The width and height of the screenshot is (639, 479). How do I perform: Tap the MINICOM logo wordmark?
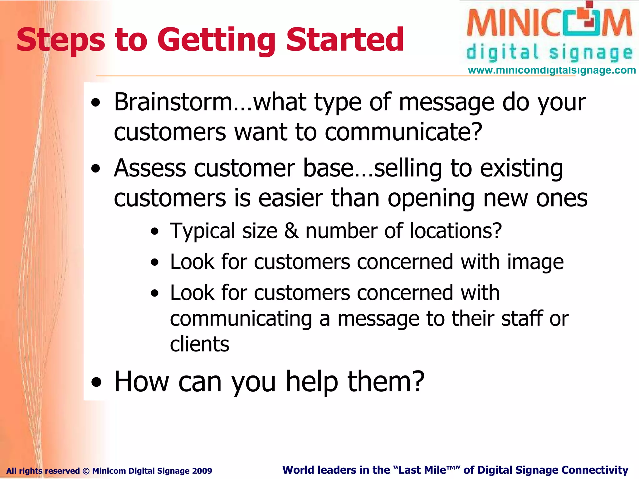[549, 23]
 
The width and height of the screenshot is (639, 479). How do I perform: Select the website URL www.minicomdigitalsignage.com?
[552, 70]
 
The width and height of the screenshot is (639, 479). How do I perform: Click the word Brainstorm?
[173, 102]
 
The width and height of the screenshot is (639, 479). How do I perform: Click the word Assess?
[150, 168]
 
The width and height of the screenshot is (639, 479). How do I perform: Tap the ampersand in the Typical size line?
[291, 231]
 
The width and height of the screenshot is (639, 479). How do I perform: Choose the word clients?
[200, 344]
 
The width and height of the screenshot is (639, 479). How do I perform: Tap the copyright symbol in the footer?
[86, 471]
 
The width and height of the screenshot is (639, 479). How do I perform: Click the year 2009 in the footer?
[202, 471]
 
